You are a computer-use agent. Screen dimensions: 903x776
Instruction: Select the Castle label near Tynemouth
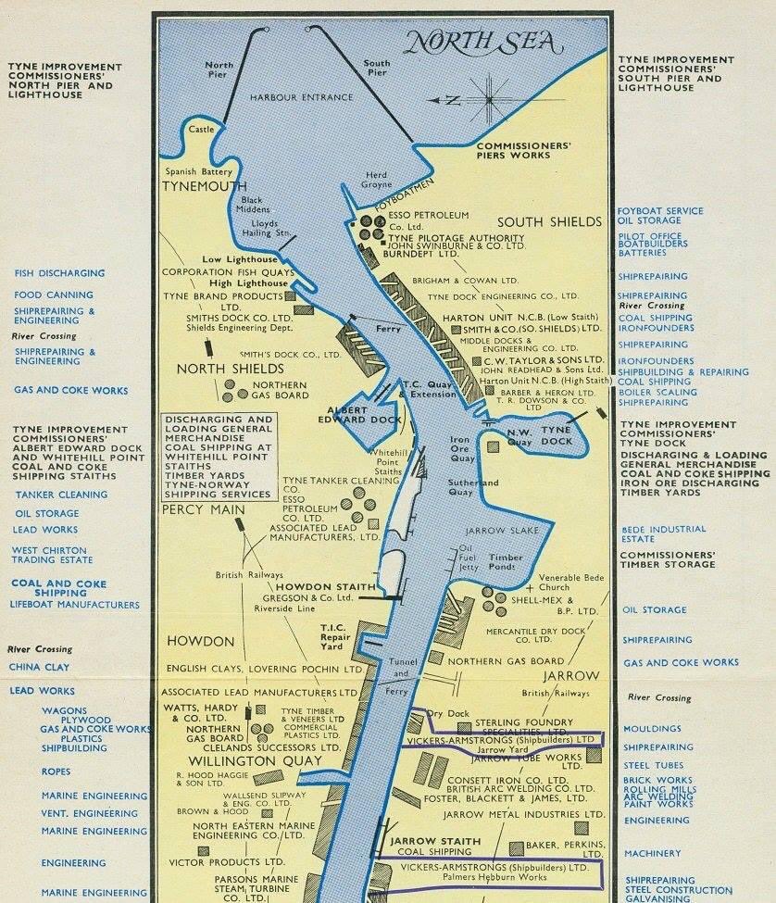pos(201,130)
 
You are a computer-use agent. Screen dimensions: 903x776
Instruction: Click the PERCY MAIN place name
pos(203,509)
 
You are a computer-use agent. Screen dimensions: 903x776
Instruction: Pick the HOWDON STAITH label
pos(326,587)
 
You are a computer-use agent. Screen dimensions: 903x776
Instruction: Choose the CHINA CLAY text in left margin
pos(38,666)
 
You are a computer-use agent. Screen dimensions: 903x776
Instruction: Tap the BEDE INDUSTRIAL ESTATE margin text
pos(663,533)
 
